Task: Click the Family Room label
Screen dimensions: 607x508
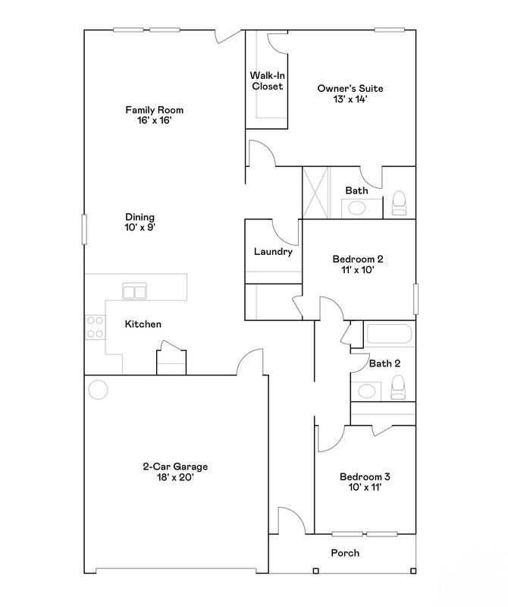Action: coord(154,115)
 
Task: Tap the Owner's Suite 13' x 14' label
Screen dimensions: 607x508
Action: coord(350,93)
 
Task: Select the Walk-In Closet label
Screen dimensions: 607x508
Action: coord(267,80)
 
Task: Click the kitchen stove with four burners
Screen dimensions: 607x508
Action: coord(95,327)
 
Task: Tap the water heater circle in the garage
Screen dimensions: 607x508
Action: coord(99,390)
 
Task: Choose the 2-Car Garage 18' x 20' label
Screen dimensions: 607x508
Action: coord(175,472)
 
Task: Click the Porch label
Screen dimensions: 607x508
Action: coord(345,552)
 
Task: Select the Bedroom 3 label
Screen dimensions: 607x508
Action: coord(365,482)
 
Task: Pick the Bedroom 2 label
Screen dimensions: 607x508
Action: coord(358,263)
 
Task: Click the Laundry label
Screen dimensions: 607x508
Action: coord(273,252)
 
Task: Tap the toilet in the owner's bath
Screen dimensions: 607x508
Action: coord(400,203)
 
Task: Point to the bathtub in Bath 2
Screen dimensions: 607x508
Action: coord(389,335)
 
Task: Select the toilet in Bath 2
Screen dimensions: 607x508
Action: coord(399,388)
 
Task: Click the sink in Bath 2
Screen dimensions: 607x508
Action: coord(368,391)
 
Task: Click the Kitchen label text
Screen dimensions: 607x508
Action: coord(143,324)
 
